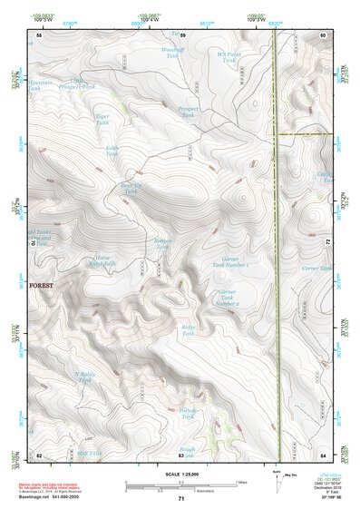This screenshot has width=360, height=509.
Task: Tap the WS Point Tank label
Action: [x=229, y=59]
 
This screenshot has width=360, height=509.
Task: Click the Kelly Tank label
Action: [x=112, y=151]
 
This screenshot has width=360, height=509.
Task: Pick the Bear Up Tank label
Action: [x=131, y=188]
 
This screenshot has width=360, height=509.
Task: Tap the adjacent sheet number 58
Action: [x=39, y=34]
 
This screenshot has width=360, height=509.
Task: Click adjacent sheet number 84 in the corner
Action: [x=322, y=454]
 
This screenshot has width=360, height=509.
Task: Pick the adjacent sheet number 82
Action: [x=39, y=454]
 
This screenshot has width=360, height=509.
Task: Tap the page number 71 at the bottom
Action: [x=180, y=499]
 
